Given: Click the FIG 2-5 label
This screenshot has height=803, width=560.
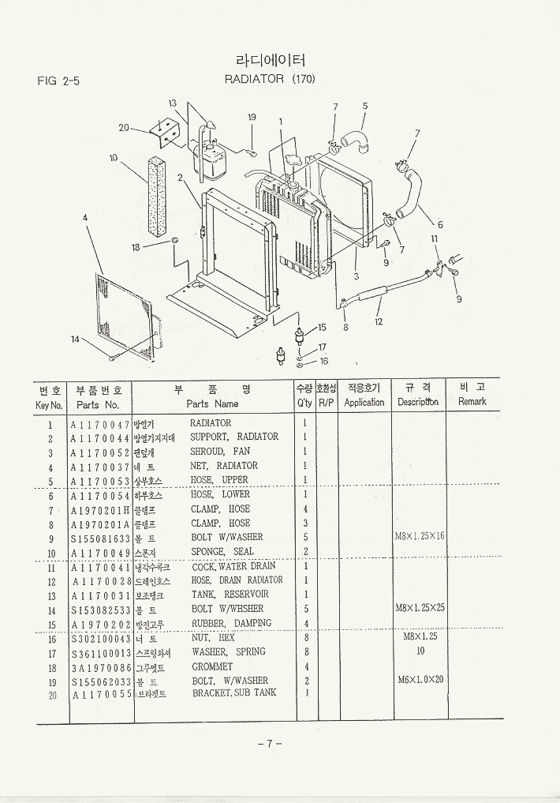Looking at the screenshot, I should [x=58, y=81].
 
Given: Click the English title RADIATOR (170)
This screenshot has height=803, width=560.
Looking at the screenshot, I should [x=270, y=79].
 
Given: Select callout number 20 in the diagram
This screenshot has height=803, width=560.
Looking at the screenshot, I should [x=124, y=127].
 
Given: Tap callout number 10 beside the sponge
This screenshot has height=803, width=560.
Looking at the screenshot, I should [x=114, y=158].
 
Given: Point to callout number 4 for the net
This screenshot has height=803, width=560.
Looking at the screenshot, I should [x=84, y=217].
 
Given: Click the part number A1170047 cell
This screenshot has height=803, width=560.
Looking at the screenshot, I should [x=99, y=424].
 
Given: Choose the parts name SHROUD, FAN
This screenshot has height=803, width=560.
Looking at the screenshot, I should [x=220, y=452].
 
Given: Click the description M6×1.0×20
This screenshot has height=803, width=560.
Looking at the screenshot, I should [x=421, y=680].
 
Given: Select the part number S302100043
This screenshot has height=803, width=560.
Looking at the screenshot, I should [x=99, y=638].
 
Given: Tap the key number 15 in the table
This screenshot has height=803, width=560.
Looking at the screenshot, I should [x=50, y=624].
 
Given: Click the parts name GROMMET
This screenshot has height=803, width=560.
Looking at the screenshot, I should [x=212, y=666].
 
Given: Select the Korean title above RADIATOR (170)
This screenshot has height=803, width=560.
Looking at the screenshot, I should [x=270, y=61].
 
